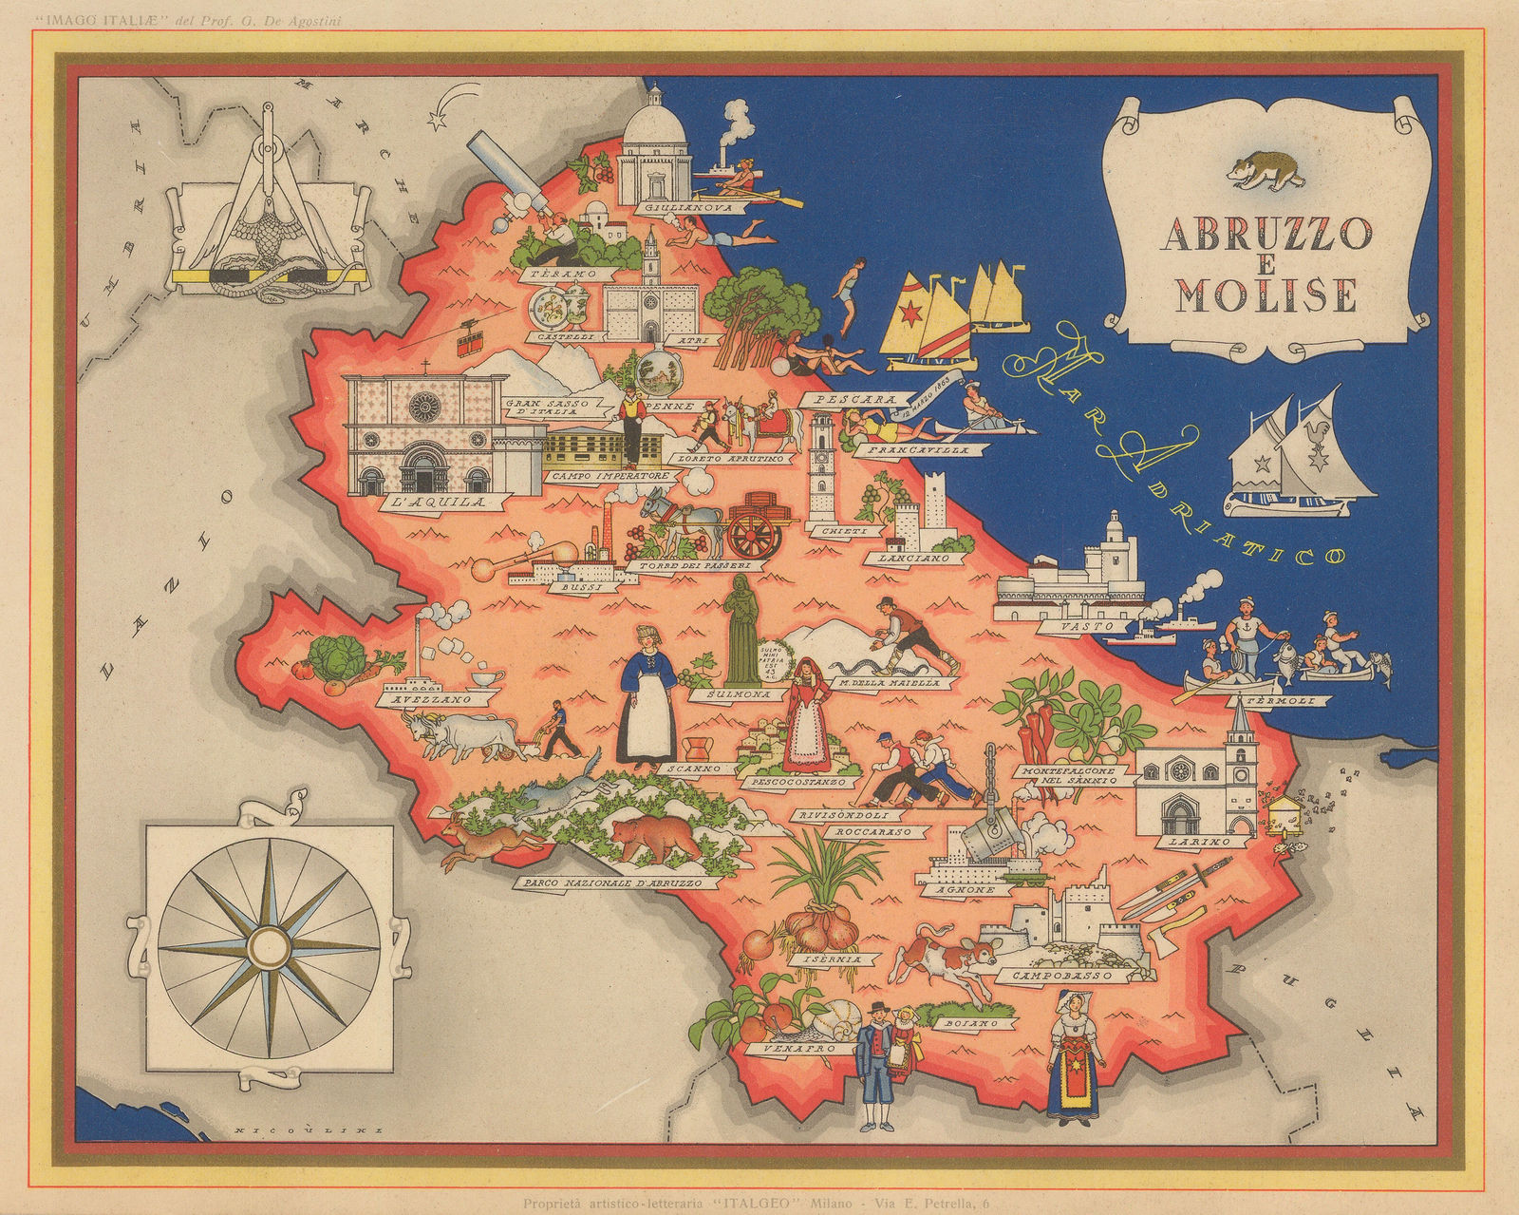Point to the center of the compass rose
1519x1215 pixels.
pos(269,946)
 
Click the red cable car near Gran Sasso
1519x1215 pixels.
pos(467,339)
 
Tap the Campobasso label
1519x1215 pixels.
pos(1073,976)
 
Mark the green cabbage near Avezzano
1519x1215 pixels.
pos(328,655)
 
